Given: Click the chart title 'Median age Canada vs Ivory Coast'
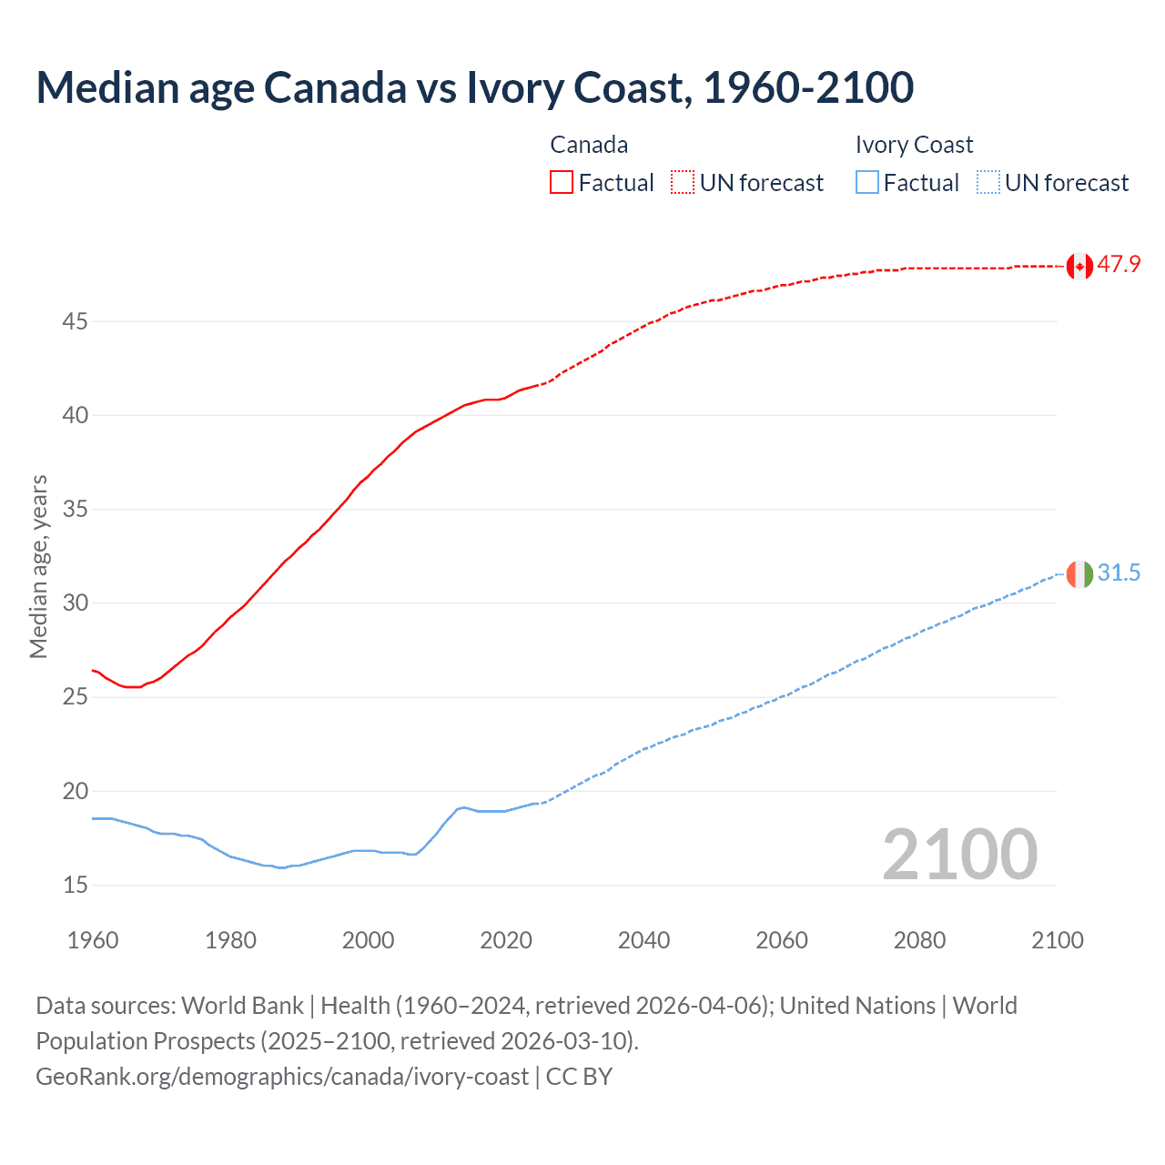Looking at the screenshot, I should click(474, 87).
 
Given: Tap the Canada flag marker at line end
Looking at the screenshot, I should click(1079, 266).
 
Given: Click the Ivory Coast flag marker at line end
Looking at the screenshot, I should click(1079, 574).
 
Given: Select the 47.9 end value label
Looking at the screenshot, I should click(1119, 265).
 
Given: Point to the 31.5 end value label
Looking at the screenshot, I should click(1119, 573).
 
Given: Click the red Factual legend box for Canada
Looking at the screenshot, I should click(562, 183).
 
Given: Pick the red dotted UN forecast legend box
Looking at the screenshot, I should click(683, 183).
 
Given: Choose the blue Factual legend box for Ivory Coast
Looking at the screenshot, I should click(867, 183).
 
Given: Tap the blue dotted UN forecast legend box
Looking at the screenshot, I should click(988, 183).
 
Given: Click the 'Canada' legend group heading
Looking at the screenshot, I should click(589, 146).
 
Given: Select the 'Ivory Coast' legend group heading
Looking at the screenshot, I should click(914, 146).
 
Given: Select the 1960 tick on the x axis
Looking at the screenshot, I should click(93, 940).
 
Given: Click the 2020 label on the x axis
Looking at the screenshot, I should click(506, 940).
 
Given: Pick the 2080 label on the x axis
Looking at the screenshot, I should click(919, 940).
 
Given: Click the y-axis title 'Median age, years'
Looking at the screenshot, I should click(39, 566).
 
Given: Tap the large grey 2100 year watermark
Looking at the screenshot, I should click(959, 855).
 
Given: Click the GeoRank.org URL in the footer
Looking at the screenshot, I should click(282, 1077).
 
